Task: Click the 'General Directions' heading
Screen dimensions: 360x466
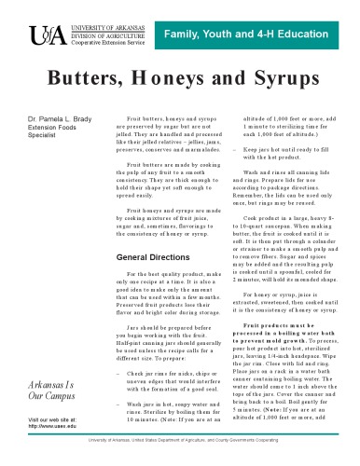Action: (x=152, y=256)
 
